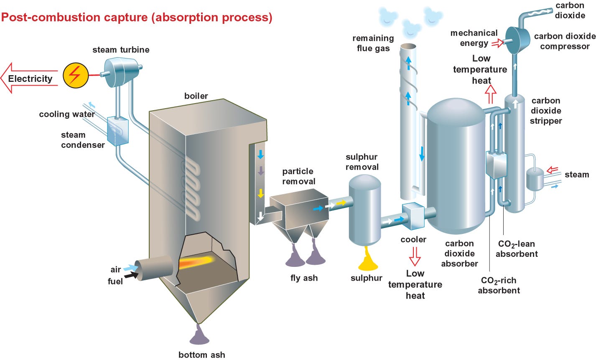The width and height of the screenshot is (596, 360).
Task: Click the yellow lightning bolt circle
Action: coord(76,76)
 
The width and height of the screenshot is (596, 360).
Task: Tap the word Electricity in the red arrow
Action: coord(30,79)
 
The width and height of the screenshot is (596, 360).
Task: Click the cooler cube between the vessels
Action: coord(413,216)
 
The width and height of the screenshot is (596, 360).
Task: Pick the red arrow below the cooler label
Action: coord(415,256)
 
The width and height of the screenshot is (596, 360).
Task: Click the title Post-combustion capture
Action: coord(137,18)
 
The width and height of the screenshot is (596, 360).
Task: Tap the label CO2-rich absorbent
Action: coord(499,285)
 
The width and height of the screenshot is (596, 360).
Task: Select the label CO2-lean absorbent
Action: coord(517,248)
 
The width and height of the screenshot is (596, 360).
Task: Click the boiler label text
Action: coord(196,96)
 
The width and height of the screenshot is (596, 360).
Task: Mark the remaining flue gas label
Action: coord(373,43)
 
